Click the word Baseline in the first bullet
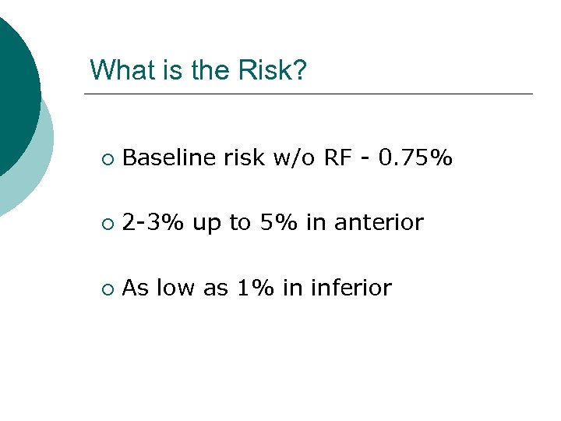(x=169, y=158)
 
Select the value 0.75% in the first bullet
(x=415, y=158)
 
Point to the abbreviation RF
(x=337, y=158)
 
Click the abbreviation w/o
(x=294, y=158)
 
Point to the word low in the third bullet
(x=175, y=288)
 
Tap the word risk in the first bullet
(x=243, y=158)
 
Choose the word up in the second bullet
(x=206, y=225)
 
